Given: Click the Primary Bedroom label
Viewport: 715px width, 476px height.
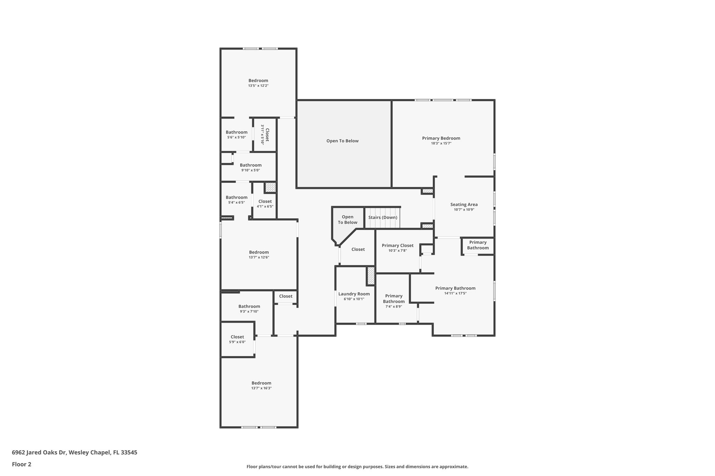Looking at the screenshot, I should [441, 138].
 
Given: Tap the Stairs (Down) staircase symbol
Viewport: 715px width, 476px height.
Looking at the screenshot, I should [383, 217].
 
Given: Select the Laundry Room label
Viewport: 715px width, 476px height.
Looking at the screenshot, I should [354, 294].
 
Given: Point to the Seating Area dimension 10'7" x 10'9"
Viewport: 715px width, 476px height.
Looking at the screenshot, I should [464, 210].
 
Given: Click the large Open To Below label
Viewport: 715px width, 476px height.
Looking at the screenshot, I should [342, 141].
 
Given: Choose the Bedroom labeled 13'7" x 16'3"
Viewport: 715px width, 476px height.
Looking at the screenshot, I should [261, 383].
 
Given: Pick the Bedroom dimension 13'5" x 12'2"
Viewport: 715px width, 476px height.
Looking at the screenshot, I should [258, 85].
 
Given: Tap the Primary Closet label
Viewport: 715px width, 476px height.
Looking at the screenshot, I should [398, 245].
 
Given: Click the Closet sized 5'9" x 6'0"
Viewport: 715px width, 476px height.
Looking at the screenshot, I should [237, 337].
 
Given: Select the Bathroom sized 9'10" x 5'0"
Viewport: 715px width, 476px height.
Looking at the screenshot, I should [250, 165].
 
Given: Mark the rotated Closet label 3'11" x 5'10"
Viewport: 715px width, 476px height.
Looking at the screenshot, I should [265, 135].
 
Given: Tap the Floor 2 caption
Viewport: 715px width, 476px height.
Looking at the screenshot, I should [22, 464].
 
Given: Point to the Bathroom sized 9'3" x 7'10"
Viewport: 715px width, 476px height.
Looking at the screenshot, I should [249, 306].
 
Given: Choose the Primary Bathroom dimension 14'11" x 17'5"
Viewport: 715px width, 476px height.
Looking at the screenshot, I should [455, 293].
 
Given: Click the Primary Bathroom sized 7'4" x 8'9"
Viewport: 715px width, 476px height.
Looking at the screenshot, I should [394, 299].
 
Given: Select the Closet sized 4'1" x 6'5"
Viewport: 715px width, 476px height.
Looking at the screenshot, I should [265, 201].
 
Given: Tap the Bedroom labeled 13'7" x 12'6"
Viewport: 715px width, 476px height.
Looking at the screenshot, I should [259, 252].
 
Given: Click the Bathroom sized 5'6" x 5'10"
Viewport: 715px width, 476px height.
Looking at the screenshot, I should [236, 132].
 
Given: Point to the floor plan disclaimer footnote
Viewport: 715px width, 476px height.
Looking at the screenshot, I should [357, 467].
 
